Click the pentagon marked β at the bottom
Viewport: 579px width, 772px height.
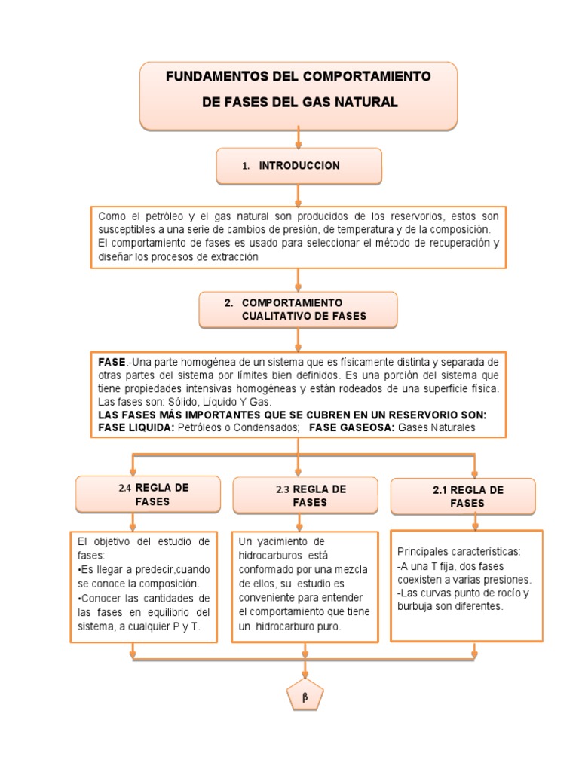pyautogui.click(x=305, y=697)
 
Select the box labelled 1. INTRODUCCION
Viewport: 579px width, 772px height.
pyautogui.click(x=299, y=166)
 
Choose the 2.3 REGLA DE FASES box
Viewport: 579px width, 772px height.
pyautogui.click(x=305, y=495)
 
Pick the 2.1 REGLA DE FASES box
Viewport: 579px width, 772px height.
pyautogui.click(x=462, y=496)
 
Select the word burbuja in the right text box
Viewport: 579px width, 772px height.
pyautogui.click(x=415, y=605)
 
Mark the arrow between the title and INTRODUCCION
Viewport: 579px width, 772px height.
pyautogui.click(x=299, y=139)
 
